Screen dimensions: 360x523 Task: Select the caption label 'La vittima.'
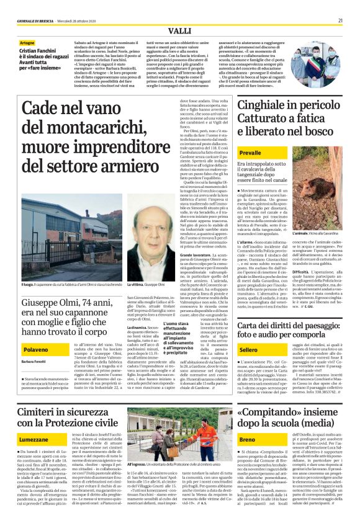tap(135, 267)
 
